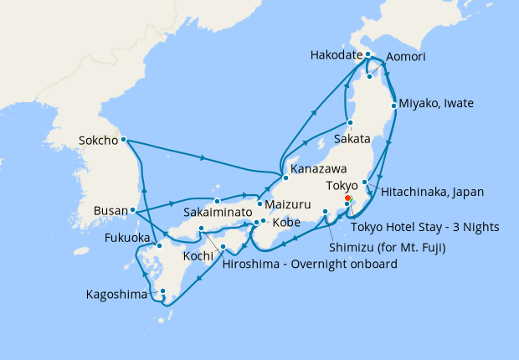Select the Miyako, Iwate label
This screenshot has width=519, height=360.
(x=436, y=104)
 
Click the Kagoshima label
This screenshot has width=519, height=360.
(x=117, y=295)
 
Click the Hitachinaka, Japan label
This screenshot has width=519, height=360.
(x=432, y=192)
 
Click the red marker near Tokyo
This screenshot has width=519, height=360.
(x=348, y=198)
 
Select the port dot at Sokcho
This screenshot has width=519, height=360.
(x=123, y=139)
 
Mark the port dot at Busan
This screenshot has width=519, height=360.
(x=133, y=209)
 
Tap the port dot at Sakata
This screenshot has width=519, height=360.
(x=350, y=123)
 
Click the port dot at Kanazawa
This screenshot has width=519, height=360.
(x=285, y=177)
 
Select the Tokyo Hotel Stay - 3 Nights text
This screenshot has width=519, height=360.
(x=425, y=227)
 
